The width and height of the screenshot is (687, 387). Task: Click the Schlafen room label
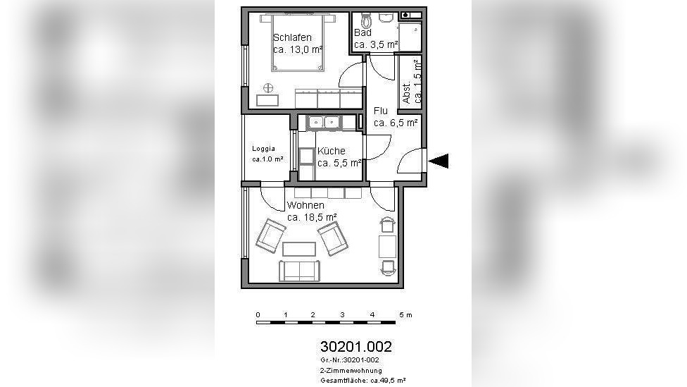tap(292, 38)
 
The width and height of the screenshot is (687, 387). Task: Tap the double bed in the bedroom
tap(298, 42)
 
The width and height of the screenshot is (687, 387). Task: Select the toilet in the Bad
tap(366, 20)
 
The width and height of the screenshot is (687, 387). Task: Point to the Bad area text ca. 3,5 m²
tap(376, 44)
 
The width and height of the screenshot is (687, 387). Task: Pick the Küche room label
tap(332, 151)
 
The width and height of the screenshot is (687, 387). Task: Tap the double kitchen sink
tap(324, 123)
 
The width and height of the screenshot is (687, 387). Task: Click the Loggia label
tap(264, 149)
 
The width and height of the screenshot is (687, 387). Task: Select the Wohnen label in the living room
tap(305, 205)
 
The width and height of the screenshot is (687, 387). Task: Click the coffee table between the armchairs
tap(299, 250)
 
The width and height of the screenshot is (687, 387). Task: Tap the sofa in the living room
tap(300, 271)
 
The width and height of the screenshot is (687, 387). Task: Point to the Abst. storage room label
tap(407, 92)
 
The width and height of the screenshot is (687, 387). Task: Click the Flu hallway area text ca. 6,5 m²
tap(396, 123)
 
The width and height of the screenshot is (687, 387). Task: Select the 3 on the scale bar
tap(342, 314)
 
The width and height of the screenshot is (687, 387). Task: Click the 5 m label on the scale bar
tap(405, 314)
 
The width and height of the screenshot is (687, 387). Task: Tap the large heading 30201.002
tap(355, 347)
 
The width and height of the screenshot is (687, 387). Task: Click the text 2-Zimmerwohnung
tap(351, 371)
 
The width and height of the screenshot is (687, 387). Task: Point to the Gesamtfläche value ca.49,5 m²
tap(388, 381)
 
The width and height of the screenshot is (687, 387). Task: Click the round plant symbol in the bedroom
tap(267, 87)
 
